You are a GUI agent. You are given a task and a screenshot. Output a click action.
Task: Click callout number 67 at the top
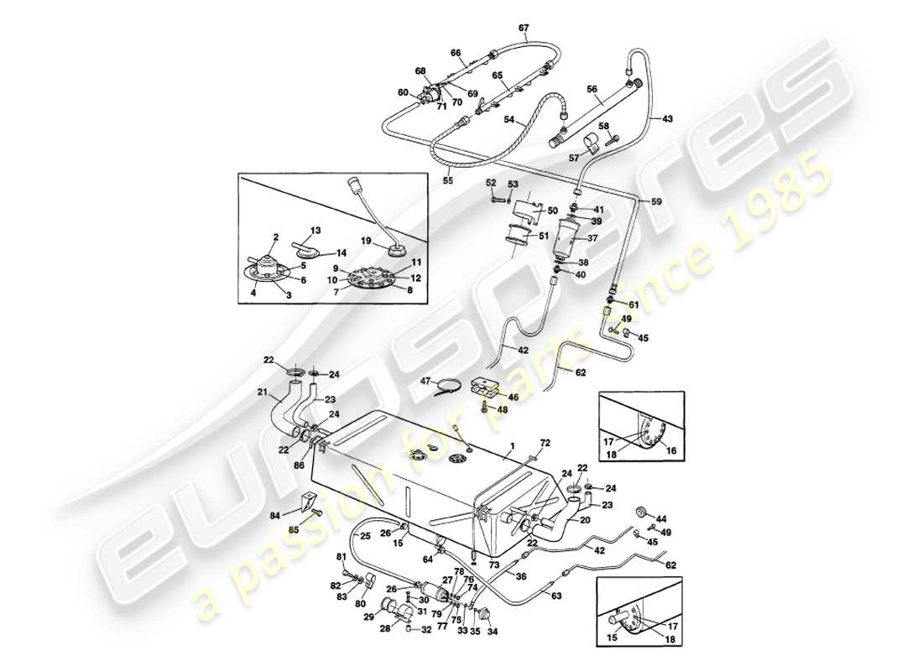click(524, 28)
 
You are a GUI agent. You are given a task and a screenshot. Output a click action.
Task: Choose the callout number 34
click(493, 632)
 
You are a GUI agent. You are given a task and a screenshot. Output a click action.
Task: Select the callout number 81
click(342, 556)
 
